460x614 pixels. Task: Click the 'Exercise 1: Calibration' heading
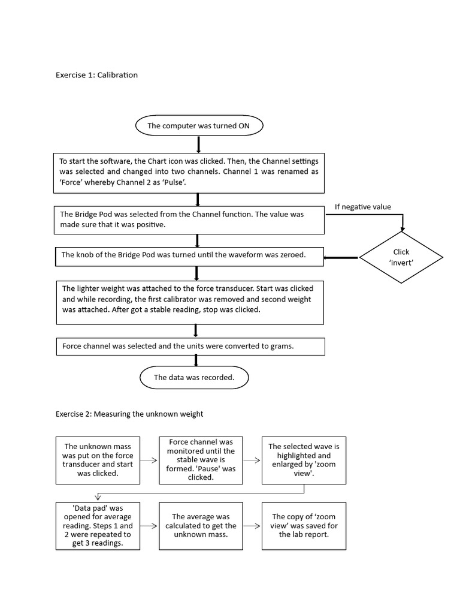[x=96, y=75]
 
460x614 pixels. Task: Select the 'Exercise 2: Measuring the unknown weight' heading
[x=129, y=414]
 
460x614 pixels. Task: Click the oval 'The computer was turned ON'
[x=198, y=126]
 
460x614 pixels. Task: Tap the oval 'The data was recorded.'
[x=194, y=378]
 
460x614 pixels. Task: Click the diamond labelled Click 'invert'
[x=401, y=257]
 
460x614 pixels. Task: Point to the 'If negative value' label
[x=362, y=207]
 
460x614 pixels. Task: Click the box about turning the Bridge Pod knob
[x=189, y=255]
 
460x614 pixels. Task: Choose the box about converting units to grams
[x=190, y=346]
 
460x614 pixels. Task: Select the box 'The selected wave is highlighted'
[x=304, y=460]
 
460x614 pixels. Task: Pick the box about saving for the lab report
[x=304, y=526]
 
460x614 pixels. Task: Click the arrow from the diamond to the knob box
[x=341, y=258]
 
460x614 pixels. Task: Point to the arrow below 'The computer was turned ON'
[x=198, y=145]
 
